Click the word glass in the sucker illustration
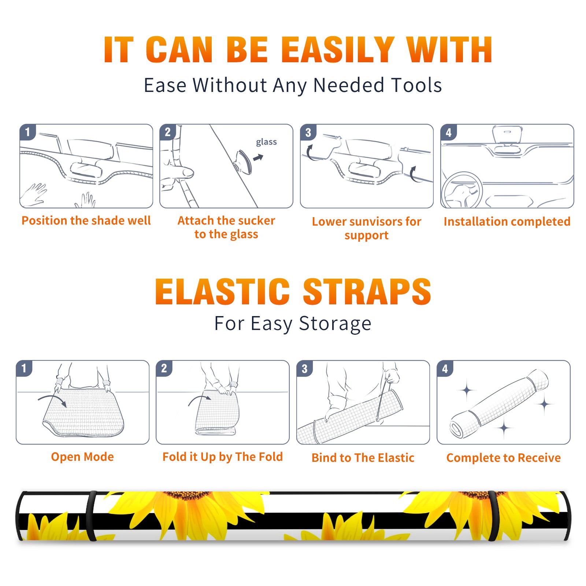[x=266, y=142]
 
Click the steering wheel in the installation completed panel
[x=462, y=190]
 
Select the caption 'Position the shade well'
[x=86, y=220]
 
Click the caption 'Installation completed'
[x=507, y=222]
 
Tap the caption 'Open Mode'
[x=82, y=457]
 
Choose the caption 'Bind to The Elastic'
[x=363, y=458]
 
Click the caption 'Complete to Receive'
[x=504, y=458]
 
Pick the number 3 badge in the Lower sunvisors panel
[x=308, y=132]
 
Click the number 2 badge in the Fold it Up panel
[x=164, y=368]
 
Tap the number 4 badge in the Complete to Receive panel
[x=445, y=368]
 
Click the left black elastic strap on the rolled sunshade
[x=91, y=516]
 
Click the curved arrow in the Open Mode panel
[x=52, y=400]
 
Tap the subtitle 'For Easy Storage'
[x=293, y=324]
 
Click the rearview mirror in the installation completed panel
[x=507, y=135]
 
